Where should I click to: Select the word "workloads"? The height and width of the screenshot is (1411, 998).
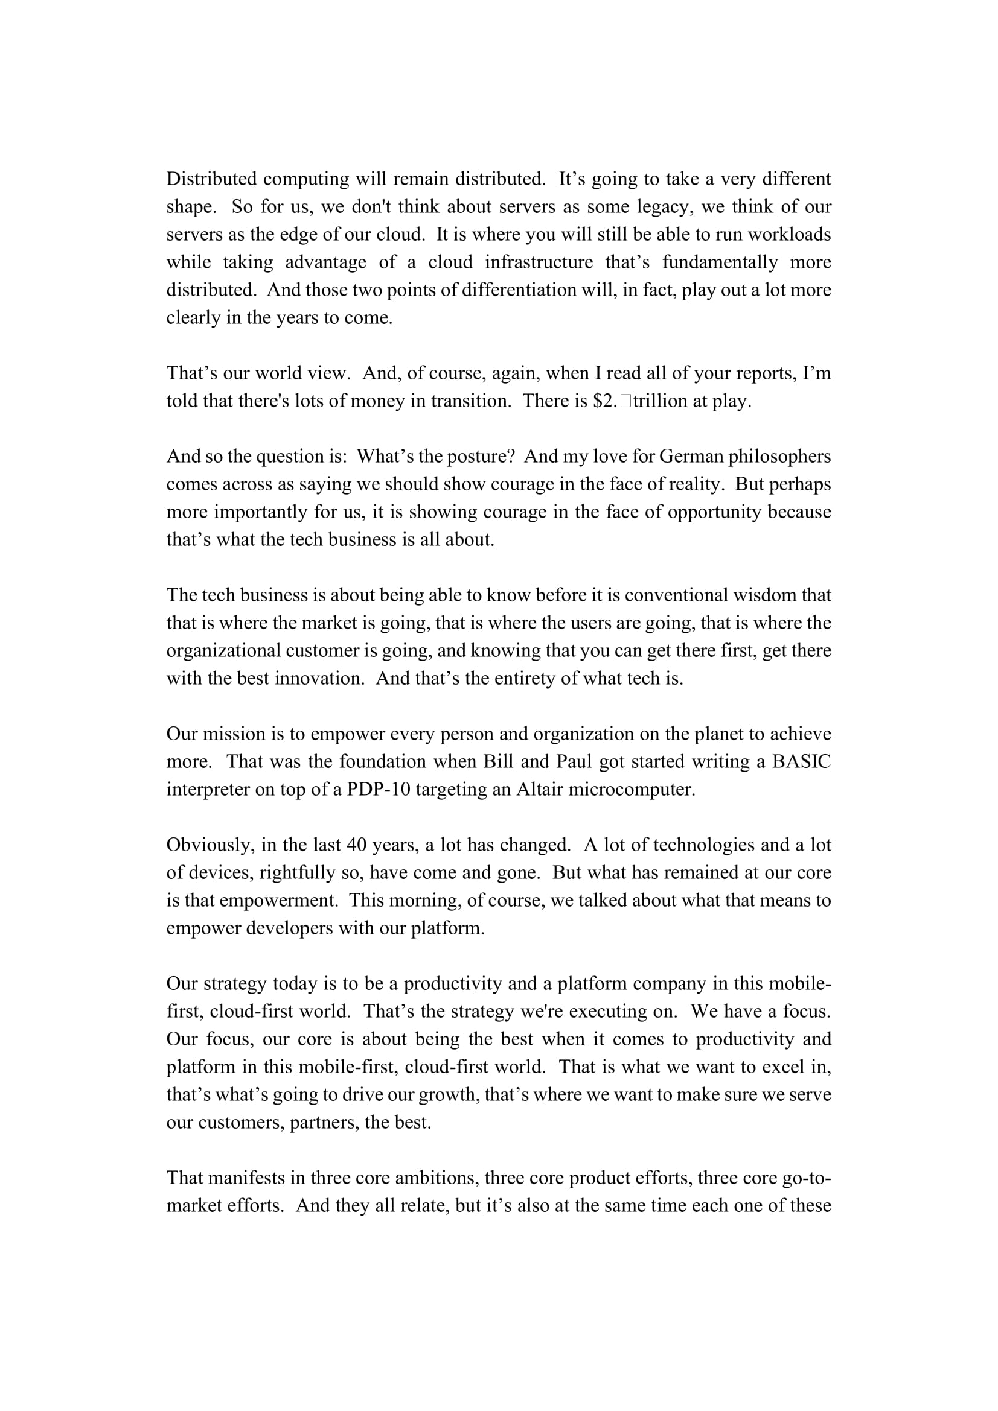click(x=788, y=235)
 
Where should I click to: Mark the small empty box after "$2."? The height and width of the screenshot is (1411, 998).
click(x=625, y=401)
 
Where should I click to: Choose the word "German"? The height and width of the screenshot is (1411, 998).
click(x=693, y=457)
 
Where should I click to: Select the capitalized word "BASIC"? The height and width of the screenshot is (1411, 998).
click(x=801, y=762)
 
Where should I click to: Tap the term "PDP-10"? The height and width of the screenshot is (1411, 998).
click(x=378, y=790)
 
